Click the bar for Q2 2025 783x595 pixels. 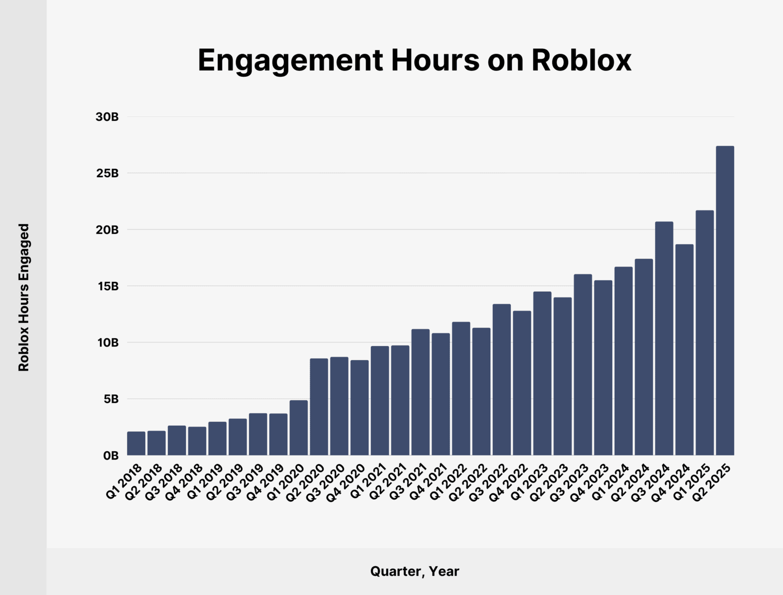pos(725,300)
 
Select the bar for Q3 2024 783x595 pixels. pos(664,339)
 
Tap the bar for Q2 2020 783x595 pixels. pos(319,407)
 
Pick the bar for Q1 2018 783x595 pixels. pos(136,443)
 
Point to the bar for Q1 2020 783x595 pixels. pos(299,428)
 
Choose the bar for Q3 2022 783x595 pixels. pos(502,380)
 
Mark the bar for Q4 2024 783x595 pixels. pos(684,350)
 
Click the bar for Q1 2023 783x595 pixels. pos(542,373)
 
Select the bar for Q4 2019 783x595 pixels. pos(278,435)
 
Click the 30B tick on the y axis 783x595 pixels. pos(107,117)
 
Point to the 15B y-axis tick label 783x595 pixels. pos(108,286)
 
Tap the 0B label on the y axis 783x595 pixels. pos(111,456)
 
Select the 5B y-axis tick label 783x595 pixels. pos(111,399)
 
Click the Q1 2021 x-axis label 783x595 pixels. pos(369,481)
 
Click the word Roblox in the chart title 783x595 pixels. pos(581,61)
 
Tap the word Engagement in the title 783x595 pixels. pos(290,61)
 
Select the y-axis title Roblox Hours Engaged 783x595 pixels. pos(24,297)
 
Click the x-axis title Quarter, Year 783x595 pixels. pos(415,571)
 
